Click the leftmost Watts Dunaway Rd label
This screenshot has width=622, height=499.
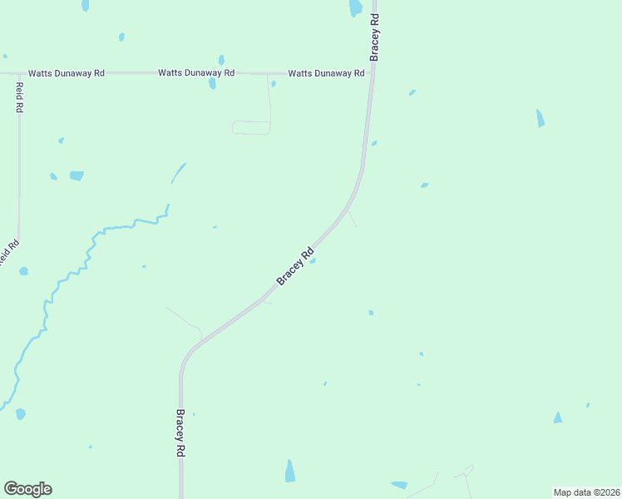pyautogui.click(x=66, y=73)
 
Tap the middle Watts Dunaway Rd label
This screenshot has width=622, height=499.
pyautogui.click(x=196, y=73)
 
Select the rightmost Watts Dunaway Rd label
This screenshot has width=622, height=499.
pyautogui.click(x=326, y=73)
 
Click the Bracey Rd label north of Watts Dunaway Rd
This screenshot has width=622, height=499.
pyautogui.click(x=375, y=37)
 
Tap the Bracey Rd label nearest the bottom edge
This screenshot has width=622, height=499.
pyautogui.click(x=180, y=432)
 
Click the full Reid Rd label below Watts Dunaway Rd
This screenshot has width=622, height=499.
pyautogui.click(x=19, y=98)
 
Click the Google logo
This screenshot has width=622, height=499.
pyautogui.click(x=27, y=489)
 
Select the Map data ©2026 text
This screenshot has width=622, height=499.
pyautogui.click(x=586, y=492)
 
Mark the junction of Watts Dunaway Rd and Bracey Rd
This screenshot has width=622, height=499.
pyautogui.click(x=373, y=73)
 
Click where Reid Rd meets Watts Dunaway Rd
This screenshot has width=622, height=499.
pyautogui.click(x=19, y=73)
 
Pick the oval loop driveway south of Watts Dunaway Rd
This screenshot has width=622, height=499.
pyautogui.click(x=251, y=127)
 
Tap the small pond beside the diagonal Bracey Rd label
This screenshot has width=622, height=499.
pyautogui.click(x=313, y=260)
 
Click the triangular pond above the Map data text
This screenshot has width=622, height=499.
pyautogui.click(x=558, y=417)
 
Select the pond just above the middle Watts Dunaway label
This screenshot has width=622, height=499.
pyautogui.click(x=221, y=60)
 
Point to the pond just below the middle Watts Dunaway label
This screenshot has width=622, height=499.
pyautogui.click(x=213, y=84)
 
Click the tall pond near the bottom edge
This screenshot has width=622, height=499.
pyautogui.click(x=289, y=471)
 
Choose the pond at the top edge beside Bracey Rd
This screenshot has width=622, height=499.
pyautogui.click(x=355, y=7)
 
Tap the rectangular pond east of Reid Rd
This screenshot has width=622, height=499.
pyautogui.click(x=77, y=175)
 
